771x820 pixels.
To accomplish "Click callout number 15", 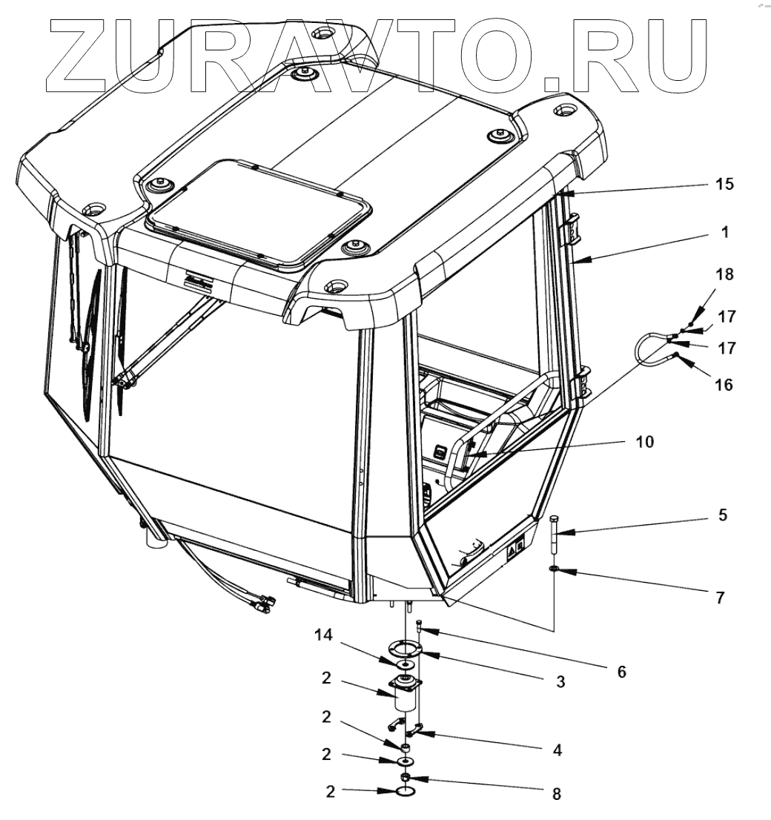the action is (x=724, y=183).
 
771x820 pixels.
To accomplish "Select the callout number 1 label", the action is (x=725, y=232).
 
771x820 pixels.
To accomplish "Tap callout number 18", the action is (x=724, y=274).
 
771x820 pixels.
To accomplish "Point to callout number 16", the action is (x=724, y=385).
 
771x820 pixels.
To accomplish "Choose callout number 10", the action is (x=644, y=443).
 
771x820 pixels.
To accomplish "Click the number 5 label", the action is (x=723, y=515).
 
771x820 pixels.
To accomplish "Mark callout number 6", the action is (x=621, y=672).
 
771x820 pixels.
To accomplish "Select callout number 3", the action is (x=561, y=681).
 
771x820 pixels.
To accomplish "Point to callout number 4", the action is (x=556, y=750).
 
